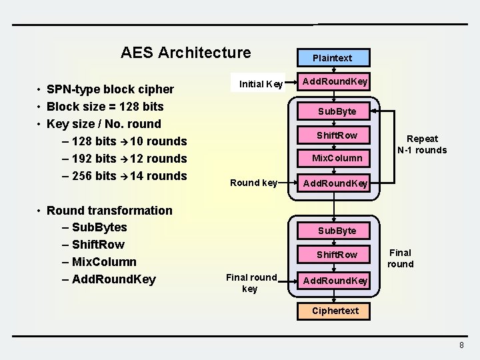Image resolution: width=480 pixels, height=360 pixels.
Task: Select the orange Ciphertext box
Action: (x=335, y=311)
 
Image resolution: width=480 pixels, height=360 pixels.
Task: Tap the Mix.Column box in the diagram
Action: (x=337, y=158)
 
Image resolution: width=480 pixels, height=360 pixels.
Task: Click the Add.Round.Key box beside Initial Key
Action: (x=335, y=82)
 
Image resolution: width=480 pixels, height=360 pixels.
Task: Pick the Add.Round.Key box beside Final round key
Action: (x=335, y=281)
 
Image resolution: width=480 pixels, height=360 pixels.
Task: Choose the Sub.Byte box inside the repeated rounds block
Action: (x=337, y=111)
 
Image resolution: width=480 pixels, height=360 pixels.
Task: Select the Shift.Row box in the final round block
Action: (x=337, y=255)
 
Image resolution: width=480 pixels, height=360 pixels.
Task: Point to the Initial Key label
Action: (x=261, y=84)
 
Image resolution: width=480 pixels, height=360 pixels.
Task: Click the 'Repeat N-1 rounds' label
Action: (x=422, y=144)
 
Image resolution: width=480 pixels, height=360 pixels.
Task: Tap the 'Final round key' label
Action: (x=251, y=283)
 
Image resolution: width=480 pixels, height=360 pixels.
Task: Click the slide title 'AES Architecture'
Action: (x=185, y=53)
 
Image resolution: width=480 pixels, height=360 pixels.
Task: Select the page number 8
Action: (x=461, y=345)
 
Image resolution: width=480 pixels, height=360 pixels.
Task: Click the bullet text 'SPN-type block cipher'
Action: (x=110, y=89)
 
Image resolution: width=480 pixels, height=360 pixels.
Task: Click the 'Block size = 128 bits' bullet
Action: (x=105, y=107)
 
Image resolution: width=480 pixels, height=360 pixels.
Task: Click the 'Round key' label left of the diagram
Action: (x=253, y=183)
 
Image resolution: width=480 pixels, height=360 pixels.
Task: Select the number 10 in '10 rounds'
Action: (x=137, y=141)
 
